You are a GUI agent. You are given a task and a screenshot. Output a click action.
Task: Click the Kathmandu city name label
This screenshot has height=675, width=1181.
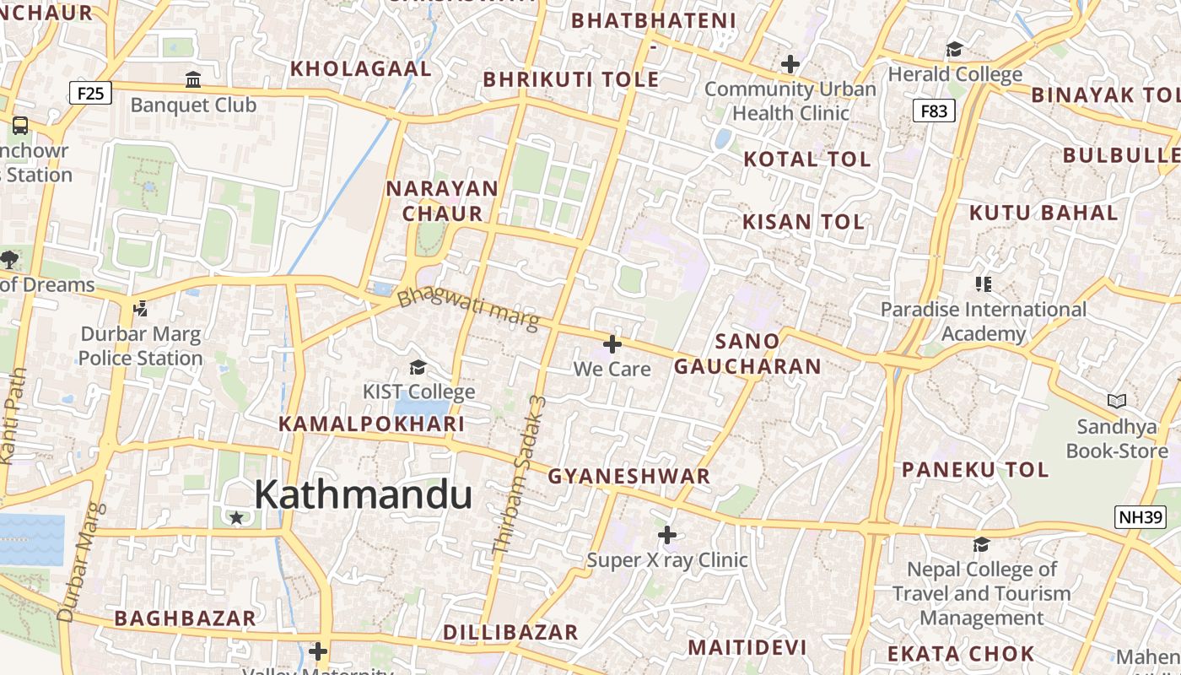[363, 494]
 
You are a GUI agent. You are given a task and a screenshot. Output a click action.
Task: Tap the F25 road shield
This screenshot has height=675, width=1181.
[89, 92]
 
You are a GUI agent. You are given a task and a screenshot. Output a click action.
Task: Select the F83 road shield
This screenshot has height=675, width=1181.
[934, 111]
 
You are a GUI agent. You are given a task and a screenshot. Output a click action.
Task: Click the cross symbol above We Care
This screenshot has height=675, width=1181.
[612, 344]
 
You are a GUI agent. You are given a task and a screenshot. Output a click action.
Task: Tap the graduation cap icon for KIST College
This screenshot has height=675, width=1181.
[418, 367]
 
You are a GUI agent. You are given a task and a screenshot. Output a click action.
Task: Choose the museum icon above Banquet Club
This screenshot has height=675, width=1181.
[193, 80]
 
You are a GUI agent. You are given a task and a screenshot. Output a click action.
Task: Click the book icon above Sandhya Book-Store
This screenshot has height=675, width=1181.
[1117, 402]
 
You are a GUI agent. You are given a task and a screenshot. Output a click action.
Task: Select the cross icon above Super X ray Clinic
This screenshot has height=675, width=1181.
[667, 535]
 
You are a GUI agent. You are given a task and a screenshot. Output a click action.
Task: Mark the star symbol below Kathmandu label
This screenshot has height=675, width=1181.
[237, 517]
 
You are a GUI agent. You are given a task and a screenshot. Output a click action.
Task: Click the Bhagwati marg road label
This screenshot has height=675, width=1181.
[467, 309]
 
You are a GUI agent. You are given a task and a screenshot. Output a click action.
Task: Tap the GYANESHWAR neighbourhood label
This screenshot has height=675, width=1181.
[629, 477]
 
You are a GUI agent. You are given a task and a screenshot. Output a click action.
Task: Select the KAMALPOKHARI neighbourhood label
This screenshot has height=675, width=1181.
[372, 424]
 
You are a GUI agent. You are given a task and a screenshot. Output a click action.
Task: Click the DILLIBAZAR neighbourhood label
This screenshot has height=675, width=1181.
[510, 633]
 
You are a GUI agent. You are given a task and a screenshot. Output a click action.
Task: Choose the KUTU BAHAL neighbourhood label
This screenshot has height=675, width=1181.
[1043, 213]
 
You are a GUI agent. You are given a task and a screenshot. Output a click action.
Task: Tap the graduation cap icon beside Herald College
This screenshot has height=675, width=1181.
[955, 49]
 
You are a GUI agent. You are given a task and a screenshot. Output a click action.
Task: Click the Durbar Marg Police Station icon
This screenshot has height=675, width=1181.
[140, 309]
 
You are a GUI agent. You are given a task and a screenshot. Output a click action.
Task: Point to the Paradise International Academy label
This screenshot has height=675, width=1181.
[984, 321]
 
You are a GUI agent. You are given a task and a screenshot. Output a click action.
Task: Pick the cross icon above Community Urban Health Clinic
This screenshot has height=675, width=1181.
[790, 64]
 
